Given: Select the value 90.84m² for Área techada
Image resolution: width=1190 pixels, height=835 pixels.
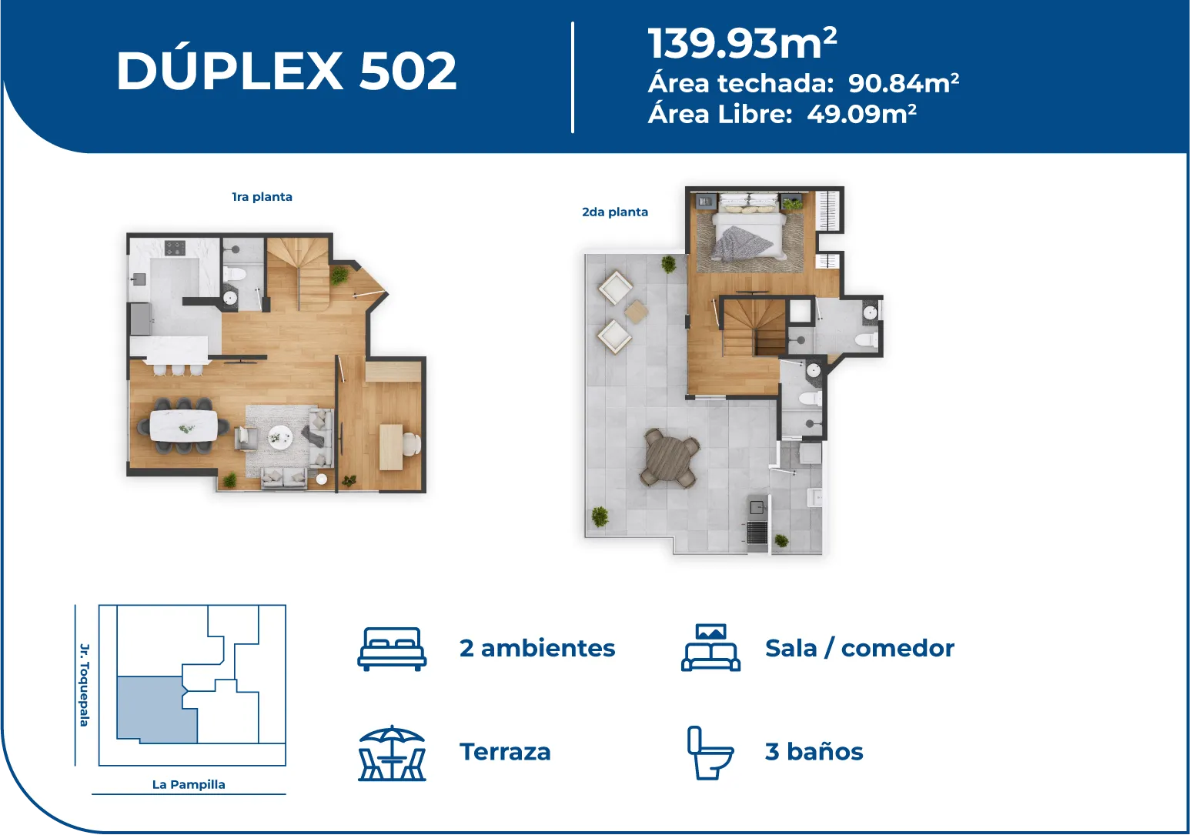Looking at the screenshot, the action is pos(903,83).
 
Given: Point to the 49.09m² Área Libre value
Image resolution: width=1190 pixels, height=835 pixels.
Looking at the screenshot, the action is pos(861,114).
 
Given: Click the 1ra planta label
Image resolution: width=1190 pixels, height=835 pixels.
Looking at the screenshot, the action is pos(262,196).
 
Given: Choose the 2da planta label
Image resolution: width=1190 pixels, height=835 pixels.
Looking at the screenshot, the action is pos(615,212).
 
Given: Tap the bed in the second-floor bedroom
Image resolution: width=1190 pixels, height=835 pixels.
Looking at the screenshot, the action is pos(750,227).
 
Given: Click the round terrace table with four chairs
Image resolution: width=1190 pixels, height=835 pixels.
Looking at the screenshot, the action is pos(670,458).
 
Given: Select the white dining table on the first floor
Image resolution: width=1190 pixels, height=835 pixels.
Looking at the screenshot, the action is pos(184,425).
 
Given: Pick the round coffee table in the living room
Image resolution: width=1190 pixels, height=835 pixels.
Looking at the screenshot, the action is pos(280,438).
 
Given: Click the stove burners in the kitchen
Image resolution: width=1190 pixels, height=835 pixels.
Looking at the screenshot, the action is pos(175,248).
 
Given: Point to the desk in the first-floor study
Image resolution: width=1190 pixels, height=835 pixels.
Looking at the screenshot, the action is pos(391,446).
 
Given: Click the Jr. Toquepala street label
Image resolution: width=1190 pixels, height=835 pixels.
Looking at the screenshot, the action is pos(85,685).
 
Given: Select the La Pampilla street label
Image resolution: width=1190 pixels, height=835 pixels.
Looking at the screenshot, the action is pos(189,784).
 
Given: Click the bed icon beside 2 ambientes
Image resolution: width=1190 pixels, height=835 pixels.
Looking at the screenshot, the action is pos(392,649).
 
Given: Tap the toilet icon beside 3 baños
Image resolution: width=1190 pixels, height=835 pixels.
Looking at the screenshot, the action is pos(710,753).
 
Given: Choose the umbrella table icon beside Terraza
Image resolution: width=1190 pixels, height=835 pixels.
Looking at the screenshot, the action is pos(392,753).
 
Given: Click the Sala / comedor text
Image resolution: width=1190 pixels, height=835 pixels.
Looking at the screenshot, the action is pos(860,648).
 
